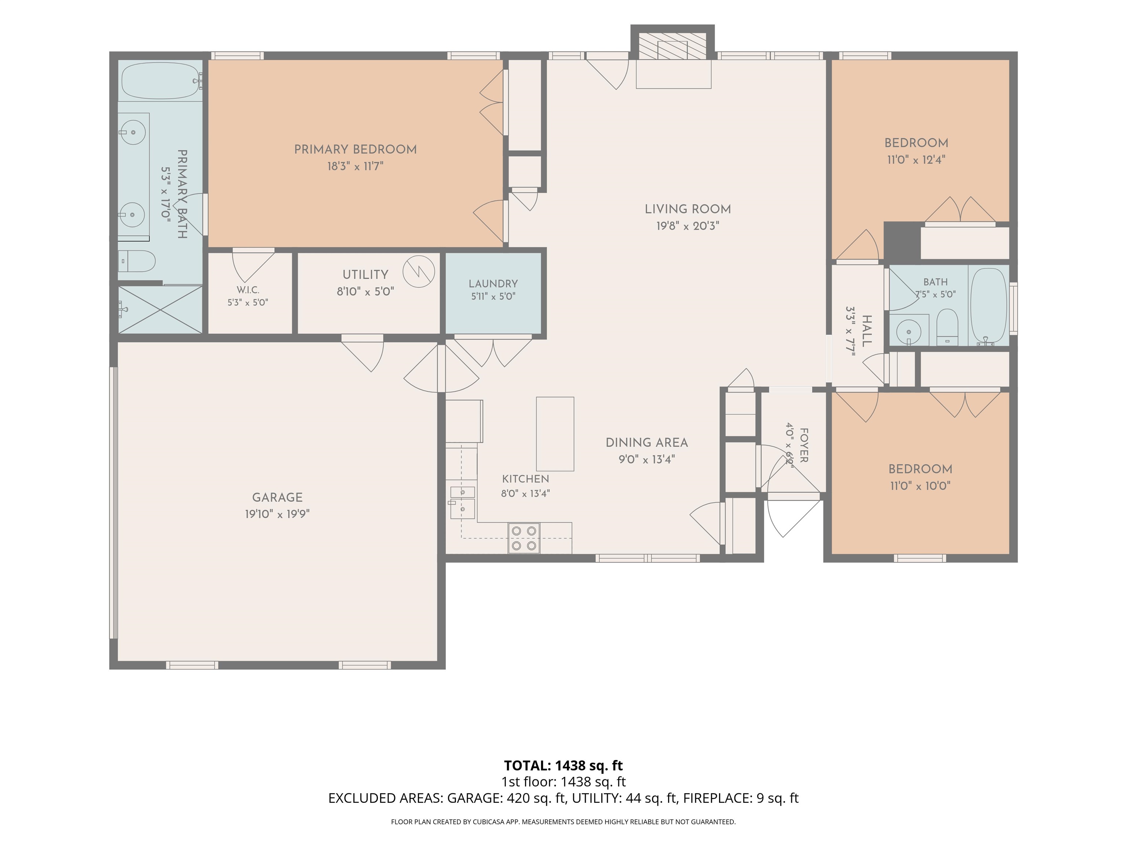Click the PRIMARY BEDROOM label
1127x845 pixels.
pyautogui.click(x=355, y=149)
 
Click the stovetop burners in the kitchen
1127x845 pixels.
pyautogui.click(x=524, y=538)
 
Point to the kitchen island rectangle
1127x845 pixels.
pyautogui.click(x=555, y=434)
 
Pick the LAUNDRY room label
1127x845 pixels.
pyautogui.click(x=493, y=284)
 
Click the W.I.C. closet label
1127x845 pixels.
pyautogui.click(x=248, y=290)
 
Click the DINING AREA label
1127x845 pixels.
pyautogui.click(x=646, y=443)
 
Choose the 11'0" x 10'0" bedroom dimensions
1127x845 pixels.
pyautogui.click(x=920, y=486)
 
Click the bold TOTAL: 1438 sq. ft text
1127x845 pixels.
pyautogui.click(x=563, y=765)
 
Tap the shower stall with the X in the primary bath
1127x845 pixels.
pyautogui.click(x=160, y=309)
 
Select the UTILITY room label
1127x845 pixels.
pyautogui.click(x=365, y=275)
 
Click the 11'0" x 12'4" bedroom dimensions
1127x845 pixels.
pyautogui.click(x=916, y=160)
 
